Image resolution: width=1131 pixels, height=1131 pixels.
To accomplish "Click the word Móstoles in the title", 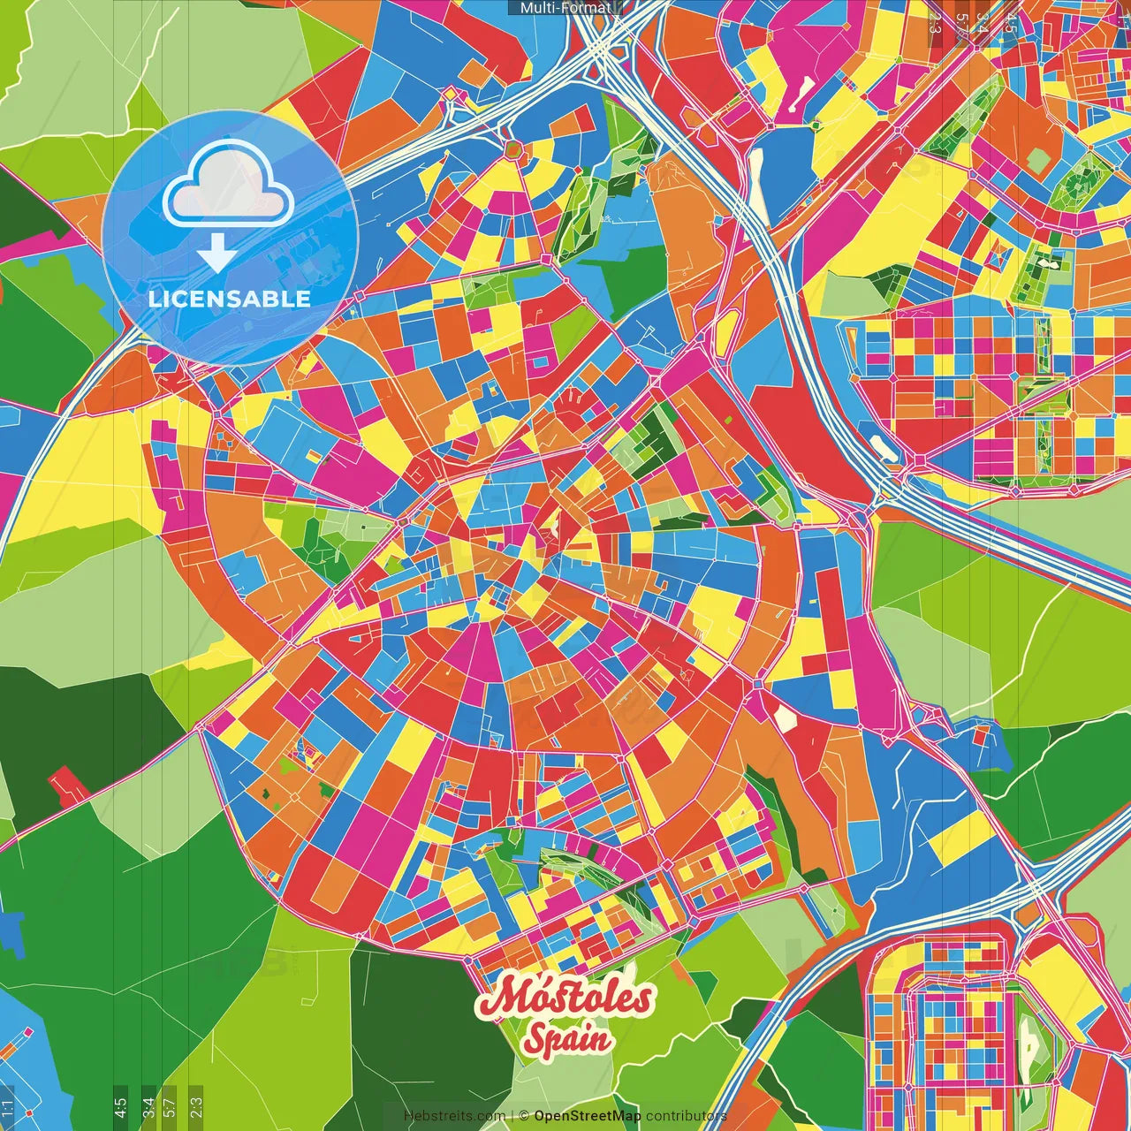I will coord(565,999).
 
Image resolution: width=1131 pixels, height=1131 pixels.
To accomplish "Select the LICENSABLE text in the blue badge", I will coord(230,299).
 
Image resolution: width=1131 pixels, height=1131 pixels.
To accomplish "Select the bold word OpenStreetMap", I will coord(588,1116).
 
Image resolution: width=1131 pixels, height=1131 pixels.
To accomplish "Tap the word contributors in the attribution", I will coord(687,1116).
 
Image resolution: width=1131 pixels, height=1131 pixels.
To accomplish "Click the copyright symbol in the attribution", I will coord(524,1116).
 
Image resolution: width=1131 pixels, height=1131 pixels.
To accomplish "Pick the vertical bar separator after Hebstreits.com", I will coord(512,1116).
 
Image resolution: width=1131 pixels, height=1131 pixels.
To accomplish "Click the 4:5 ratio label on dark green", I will coord(120,1106).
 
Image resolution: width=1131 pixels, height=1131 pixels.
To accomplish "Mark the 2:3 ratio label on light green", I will coord(195,1106).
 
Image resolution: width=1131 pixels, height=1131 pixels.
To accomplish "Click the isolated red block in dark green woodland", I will coord(65,784).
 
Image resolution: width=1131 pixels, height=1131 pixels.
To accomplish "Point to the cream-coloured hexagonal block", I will coord(783,717).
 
